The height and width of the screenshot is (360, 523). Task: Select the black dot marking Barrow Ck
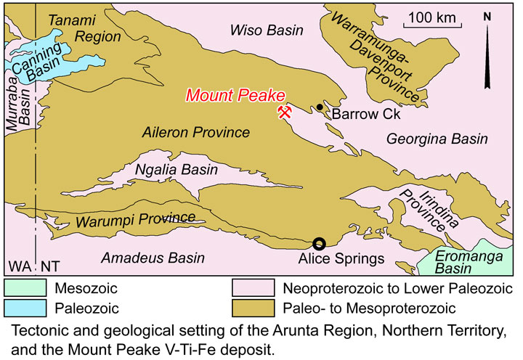tap(320, 107)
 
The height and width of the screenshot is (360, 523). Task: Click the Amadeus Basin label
tap(153, 258)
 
